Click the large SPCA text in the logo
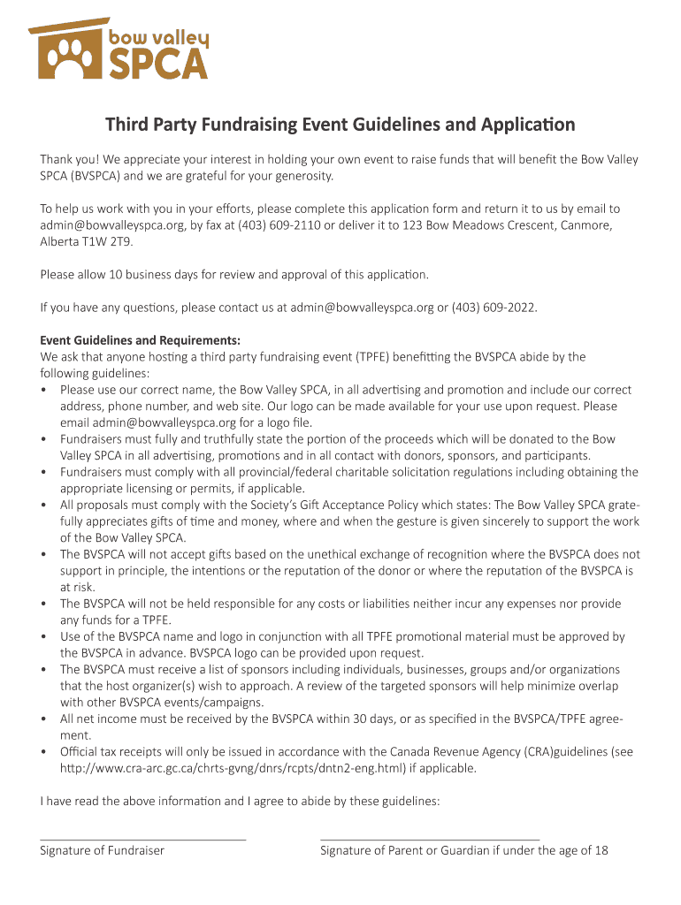(158, 64)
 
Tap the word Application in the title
(526, 125)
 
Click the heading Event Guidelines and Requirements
(140, 340)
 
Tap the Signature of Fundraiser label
(102, 850)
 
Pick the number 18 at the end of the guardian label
(601, 850)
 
